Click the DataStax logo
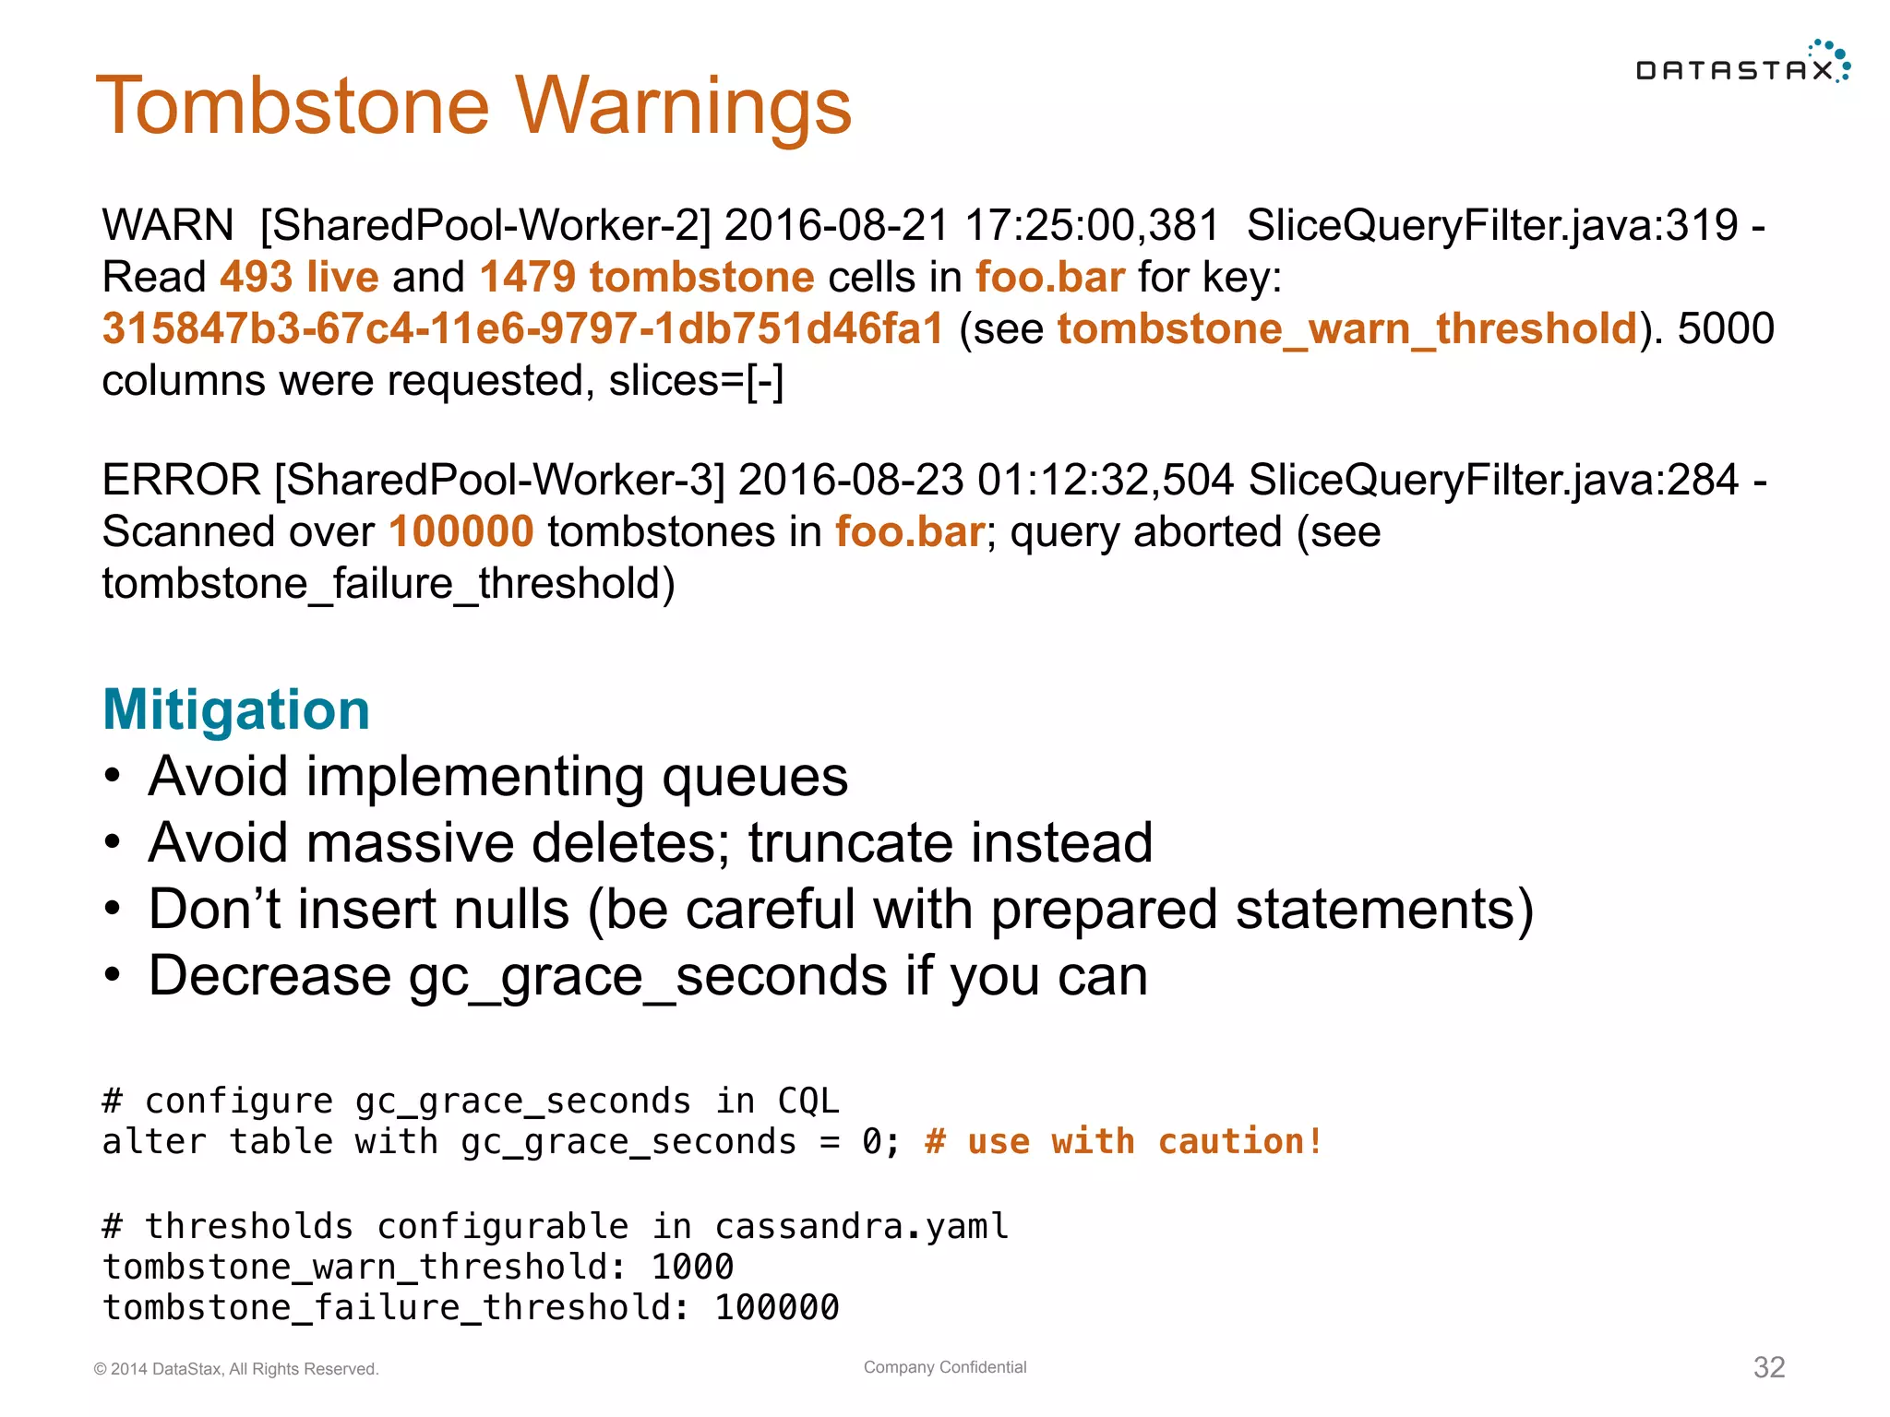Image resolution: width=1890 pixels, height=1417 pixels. tap(1741, 65)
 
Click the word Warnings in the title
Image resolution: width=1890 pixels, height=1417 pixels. tap(683, 106)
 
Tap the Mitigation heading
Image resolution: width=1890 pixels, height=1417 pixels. tap(236, 709)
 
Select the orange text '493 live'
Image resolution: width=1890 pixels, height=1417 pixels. tap(299, 277)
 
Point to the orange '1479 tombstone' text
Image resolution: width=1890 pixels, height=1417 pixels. tap(646, 277)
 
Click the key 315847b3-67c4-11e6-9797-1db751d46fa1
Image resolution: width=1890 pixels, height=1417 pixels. tap(523, 329)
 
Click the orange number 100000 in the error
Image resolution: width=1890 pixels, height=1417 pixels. tap(461, 532)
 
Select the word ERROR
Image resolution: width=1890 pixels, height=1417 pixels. tap(181, 480)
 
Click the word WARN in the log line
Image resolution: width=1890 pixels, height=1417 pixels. tap(167, 225)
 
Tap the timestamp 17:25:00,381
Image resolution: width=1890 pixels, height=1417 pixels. tap(1091, 225)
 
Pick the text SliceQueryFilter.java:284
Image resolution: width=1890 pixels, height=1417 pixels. tap(1493, 480)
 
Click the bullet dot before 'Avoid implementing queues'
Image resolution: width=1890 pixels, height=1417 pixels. tap(113, 777)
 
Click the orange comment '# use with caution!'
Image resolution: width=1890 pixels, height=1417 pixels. tap(1123, 1142)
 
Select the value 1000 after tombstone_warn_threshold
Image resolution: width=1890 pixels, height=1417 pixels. tap(692, 1268)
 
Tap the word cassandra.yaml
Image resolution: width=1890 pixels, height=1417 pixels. tap(862, 1227)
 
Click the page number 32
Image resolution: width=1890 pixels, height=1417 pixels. tap(1768, 1367)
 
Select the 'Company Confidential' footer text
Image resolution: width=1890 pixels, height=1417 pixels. tap(945, 1367)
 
